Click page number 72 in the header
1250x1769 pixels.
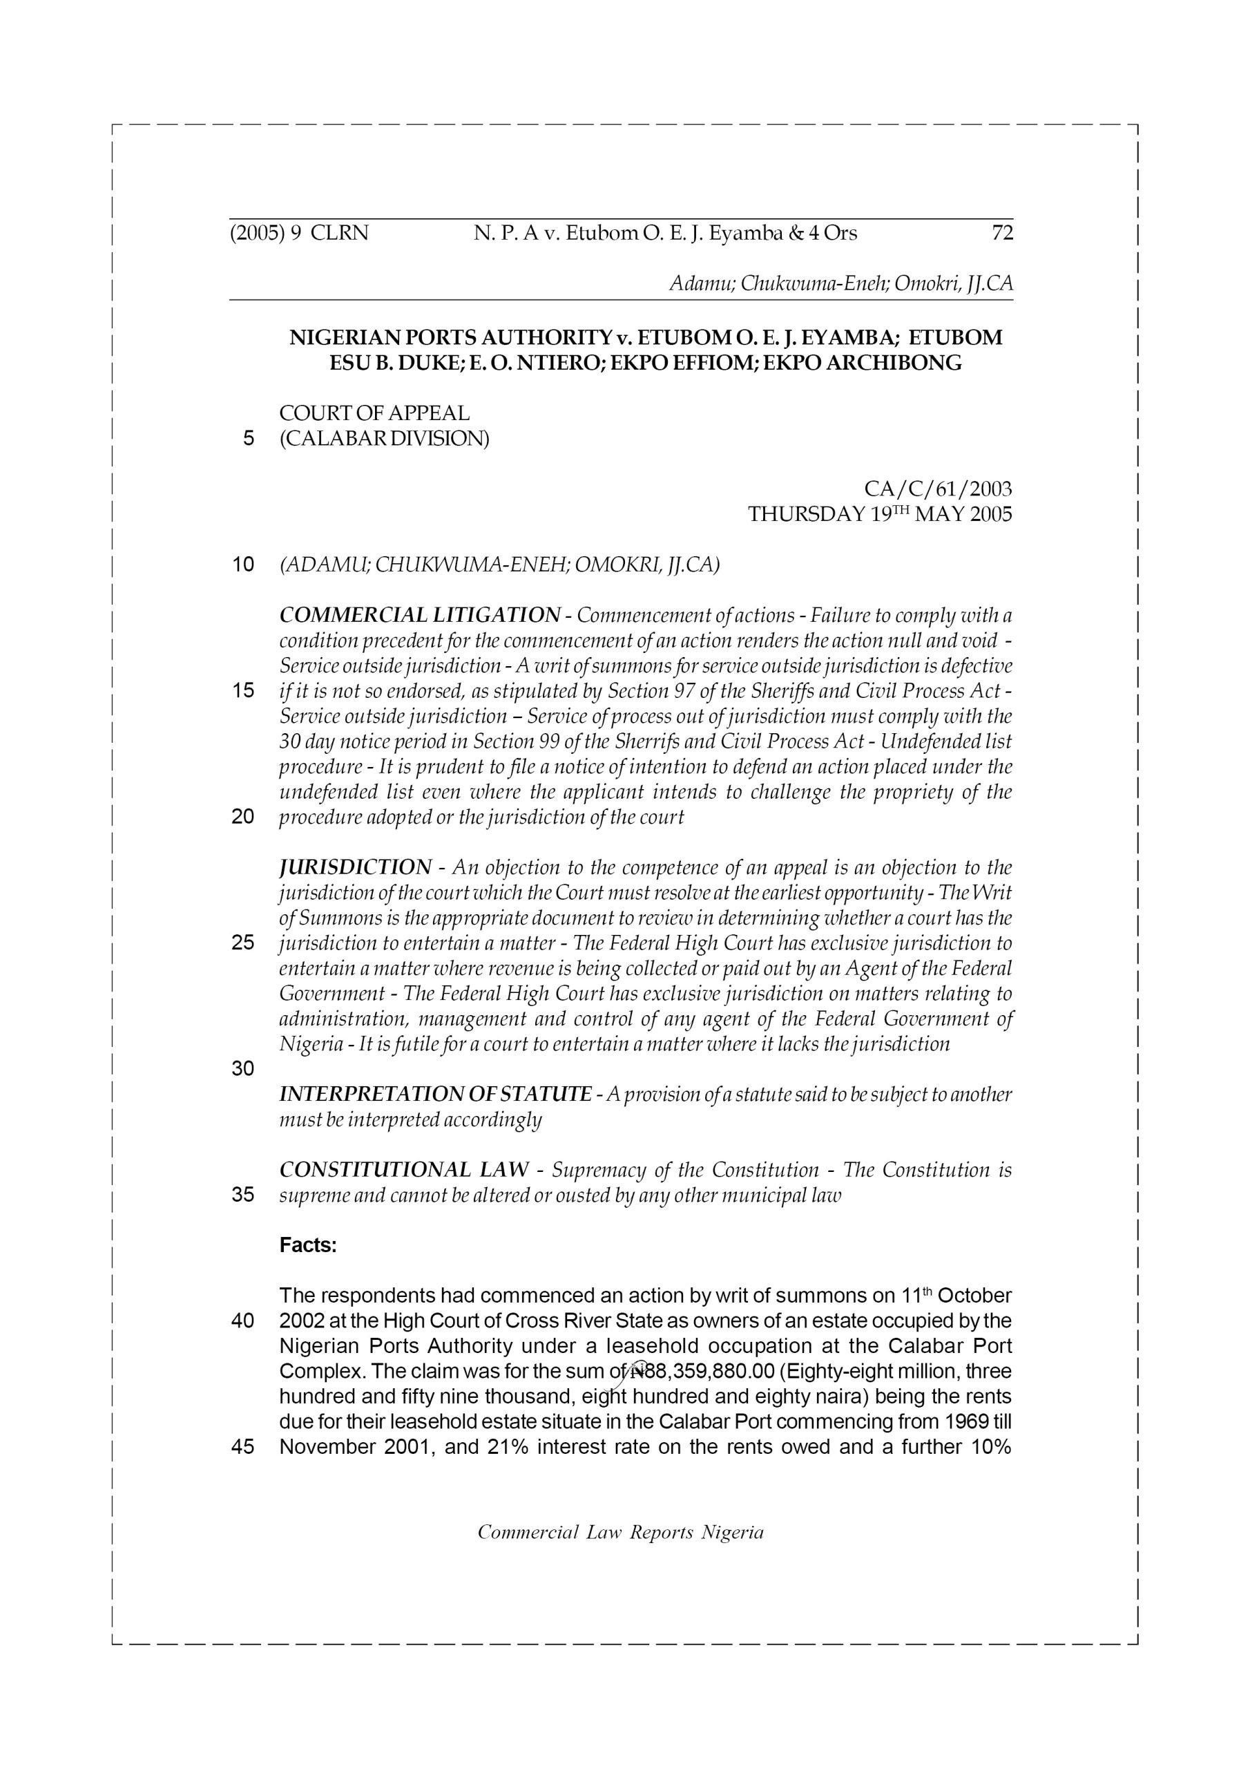(x=1002, y=233)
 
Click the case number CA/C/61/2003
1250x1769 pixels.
(x=937, y=489)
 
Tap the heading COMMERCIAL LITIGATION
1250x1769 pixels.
(x=419, y=616)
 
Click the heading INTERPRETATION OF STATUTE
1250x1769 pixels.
(x=435, y=1094)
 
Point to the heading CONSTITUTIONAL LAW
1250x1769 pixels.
(x=403, y=1171)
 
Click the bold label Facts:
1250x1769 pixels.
(x=308, y=1246)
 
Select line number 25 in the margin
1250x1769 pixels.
(x=242, y=943)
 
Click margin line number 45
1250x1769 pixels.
(x=242, y=1447)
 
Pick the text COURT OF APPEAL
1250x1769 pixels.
(x=374, y=414)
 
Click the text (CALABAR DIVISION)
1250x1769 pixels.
(x=383, y=439)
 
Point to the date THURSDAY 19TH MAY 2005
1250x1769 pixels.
(x=880, y=514)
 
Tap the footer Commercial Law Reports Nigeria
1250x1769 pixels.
(x=620, y=1533)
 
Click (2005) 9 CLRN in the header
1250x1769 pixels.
(x=299, y=233)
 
